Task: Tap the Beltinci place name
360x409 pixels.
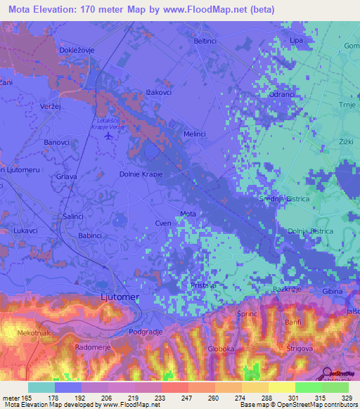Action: (205, 41)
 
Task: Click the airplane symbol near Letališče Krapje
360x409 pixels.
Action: (108, 136)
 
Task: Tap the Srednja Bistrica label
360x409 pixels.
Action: (285, 200)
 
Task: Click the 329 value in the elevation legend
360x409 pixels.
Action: (339, 398)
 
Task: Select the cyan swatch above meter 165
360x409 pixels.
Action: (41, 387)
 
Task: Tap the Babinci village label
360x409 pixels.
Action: (89, 236)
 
